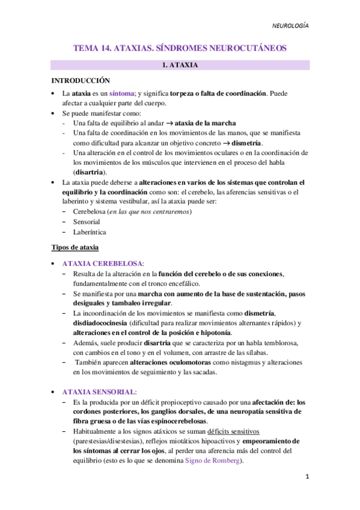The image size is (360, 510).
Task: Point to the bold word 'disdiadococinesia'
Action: click(x=99, y=323)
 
